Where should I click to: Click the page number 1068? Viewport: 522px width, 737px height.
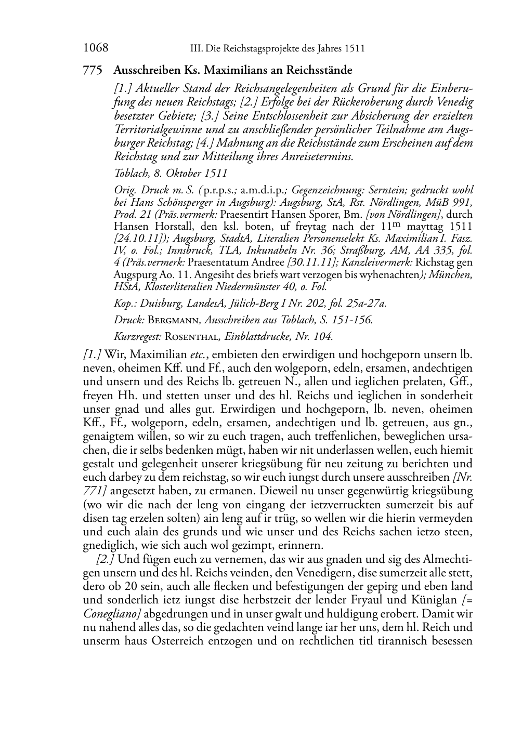point(95,48)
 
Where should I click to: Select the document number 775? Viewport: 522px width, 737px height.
point(92,70)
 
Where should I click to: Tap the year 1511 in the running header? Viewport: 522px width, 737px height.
point(354,49)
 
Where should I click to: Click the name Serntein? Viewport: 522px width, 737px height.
point(380,190)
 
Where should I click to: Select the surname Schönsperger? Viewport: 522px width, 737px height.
point(185,202)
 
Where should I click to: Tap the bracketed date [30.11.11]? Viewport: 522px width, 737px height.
point(311,262)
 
